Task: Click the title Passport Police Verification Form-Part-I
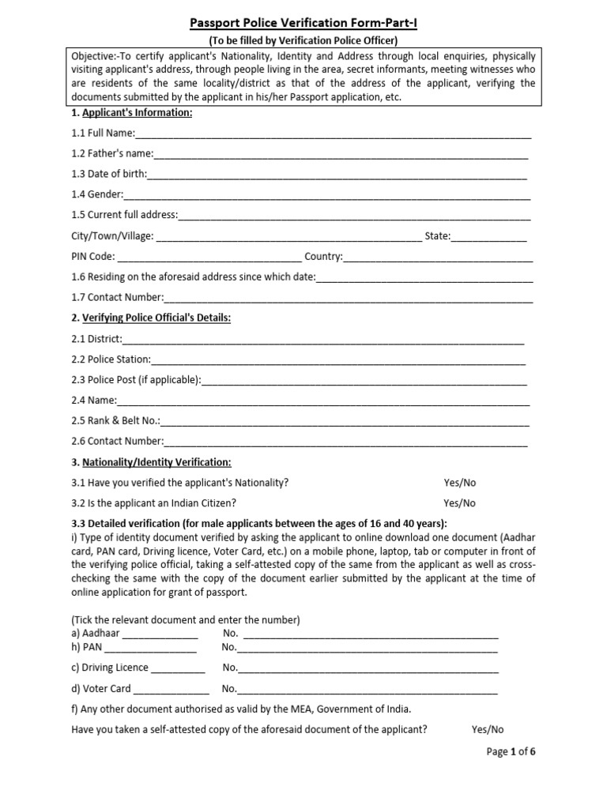tap(303, 24)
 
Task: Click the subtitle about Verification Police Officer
tap(303, 40)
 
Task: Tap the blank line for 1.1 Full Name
tap(333, 134)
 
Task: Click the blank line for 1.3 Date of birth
tap(337, 175)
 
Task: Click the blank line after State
tap(488, 236)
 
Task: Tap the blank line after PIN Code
tap(209, 257)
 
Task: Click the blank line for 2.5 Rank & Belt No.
tap(345, 421)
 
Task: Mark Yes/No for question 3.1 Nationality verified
tap(459, 483)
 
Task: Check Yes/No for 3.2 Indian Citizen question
tap(459, 502)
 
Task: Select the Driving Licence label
tap(110, 668)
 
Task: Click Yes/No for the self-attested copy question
tap(487, 729)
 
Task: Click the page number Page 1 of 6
tap(512, 752)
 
